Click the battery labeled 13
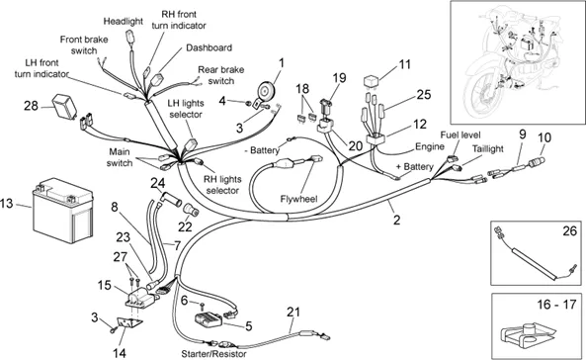coord(63,211)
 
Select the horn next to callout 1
coord(266,91)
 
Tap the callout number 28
coord(31,106)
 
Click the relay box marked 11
coord(372,81)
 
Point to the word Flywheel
coord(298,199)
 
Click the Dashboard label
coord(209,47)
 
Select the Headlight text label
coord(123,22)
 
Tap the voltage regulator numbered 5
coord(209,320)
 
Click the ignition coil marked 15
coord(141,299)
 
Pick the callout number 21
coord(293,312)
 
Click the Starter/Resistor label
coord(213,354)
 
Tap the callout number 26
coord(569,230)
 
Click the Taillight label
coord(488,148)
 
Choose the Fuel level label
coord(460,135)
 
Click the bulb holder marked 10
coord(536,163)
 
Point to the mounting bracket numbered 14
coord(129,324)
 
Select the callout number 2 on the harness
coord(396,220)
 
